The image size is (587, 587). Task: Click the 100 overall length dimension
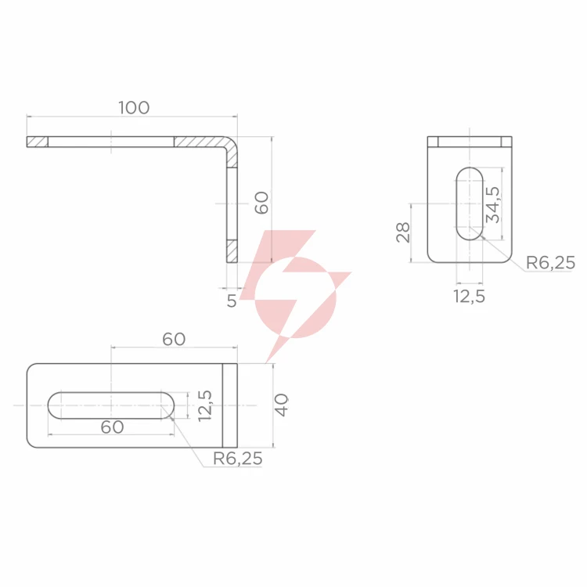(134, 108)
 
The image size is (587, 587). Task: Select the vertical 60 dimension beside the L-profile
(261, 203)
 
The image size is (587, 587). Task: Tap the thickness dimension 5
(232, 301)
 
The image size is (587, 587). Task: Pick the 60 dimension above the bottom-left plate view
(174, 339)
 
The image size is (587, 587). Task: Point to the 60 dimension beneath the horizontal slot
(112, 427)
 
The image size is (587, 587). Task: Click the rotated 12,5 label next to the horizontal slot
(205, 405)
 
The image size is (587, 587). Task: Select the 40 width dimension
(282, 405)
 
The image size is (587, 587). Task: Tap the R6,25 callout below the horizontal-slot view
(238, 459)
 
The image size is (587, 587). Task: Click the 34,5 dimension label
(492, 205)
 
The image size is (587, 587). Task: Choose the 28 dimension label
(403, 232)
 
